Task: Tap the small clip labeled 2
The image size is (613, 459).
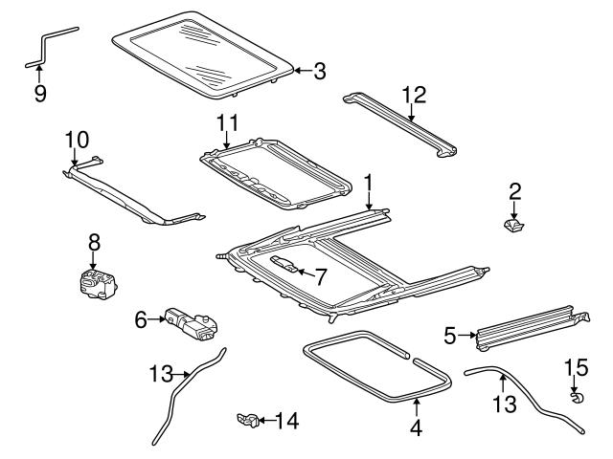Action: click(x=514, y=226)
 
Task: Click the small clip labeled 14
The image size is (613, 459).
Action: click(x=248, y=418)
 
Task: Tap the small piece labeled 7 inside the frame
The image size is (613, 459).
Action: click(x=285, y=264)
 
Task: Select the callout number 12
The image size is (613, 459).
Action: click(x=414, y=95)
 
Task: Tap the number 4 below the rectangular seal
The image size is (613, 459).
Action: click(x=416, y=429)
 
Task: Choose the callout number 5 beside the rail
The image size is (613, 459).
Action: click(x=449, y=335)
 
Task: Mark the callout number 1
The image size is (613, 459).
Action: click(x=367, y=182)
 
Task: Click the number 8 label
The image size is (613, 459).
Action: click(x=94, y=244)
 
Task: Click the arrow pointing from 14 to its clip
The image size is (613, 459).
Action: click(x=265, y=419)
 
